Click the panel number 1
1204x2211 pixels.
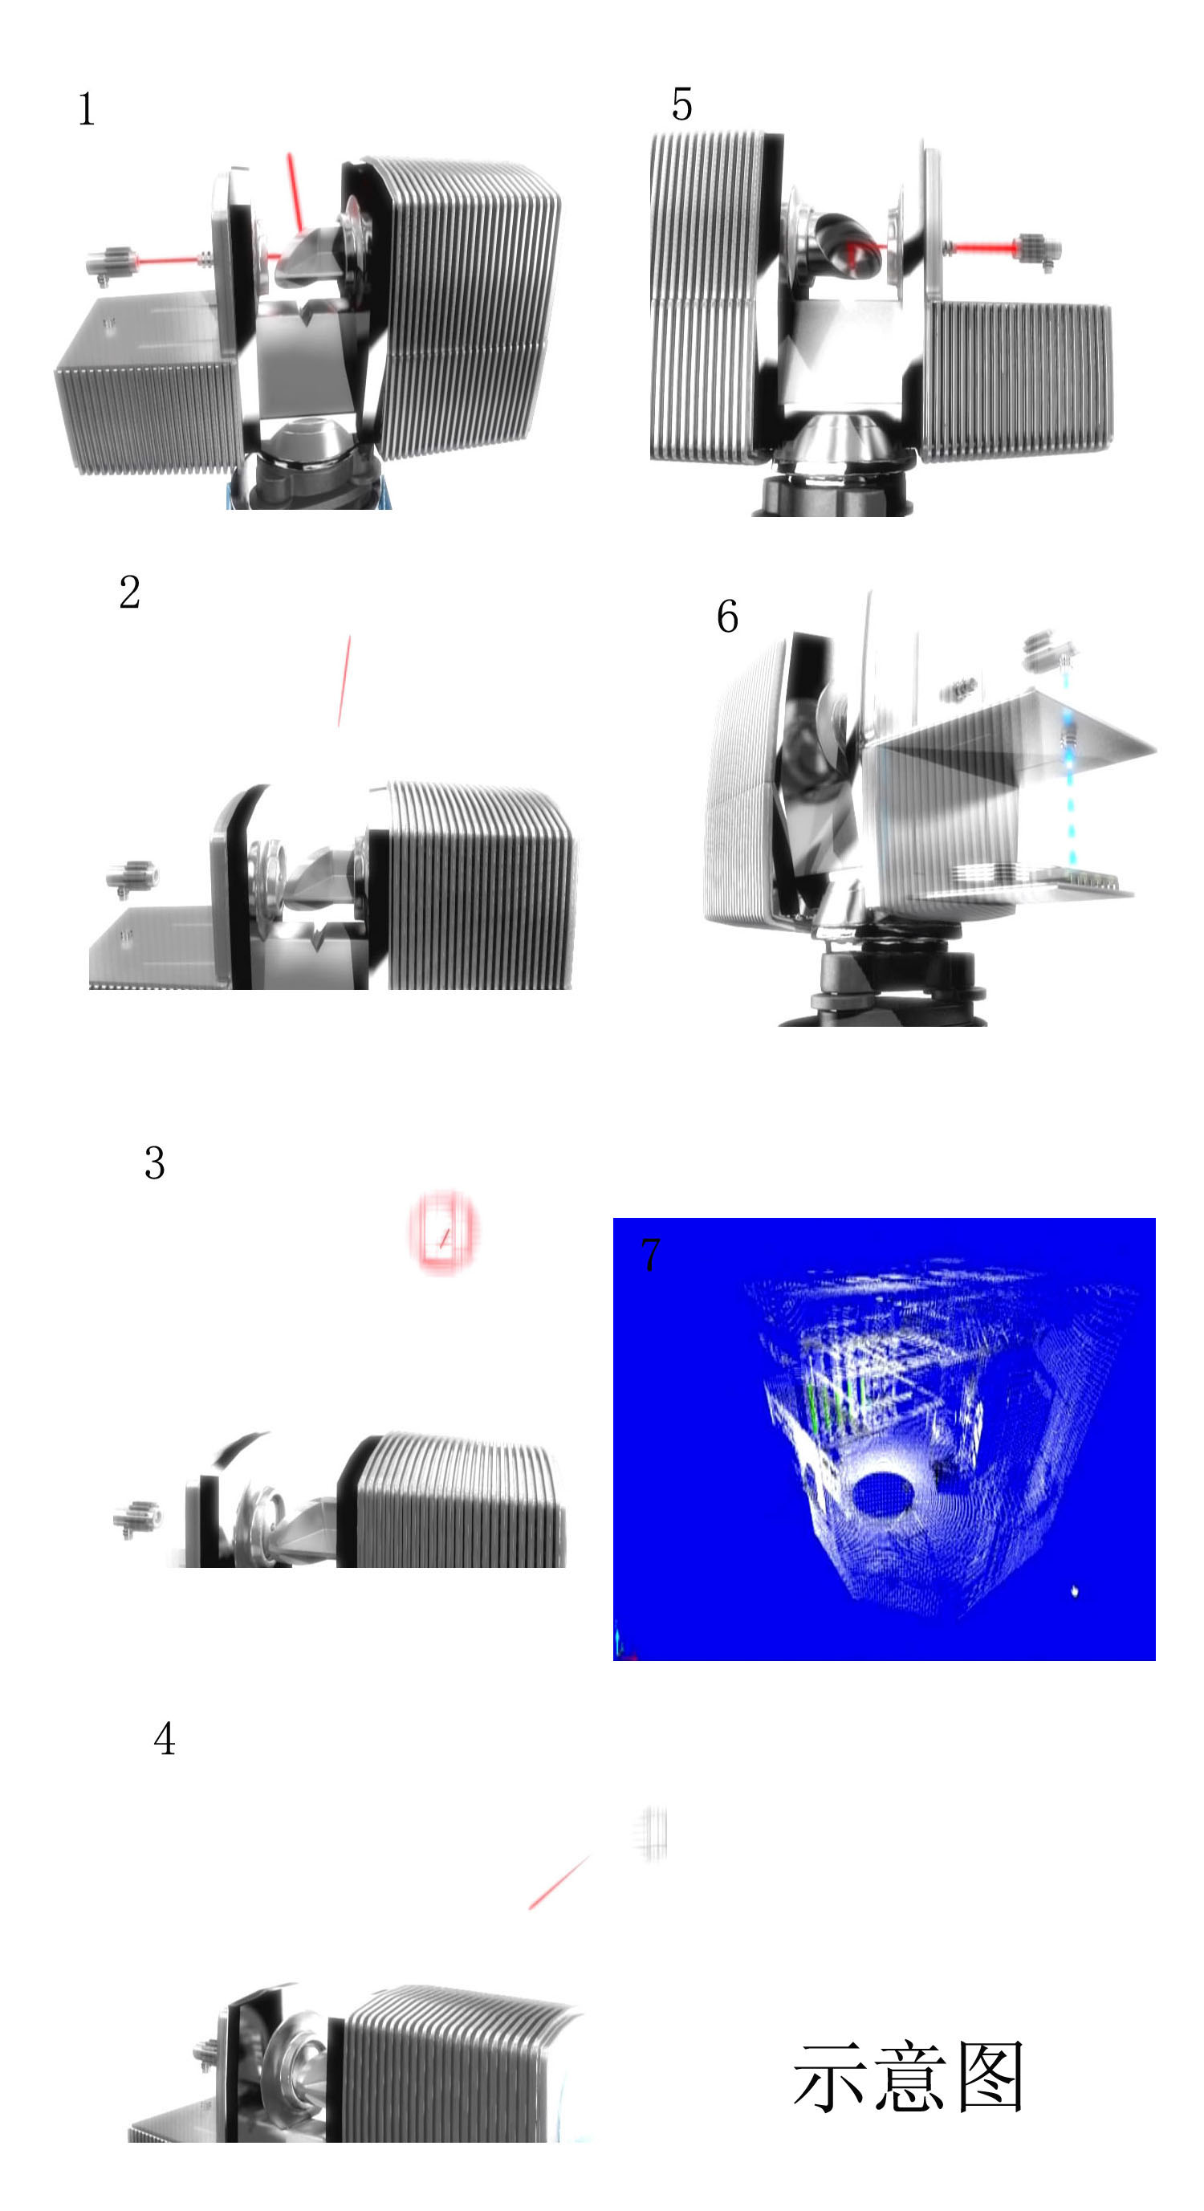click(x=86, y=109)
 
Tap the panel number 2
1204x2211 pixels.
click(x=129, y=592)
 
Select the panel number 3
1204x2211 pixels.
click(x=154, y=1163)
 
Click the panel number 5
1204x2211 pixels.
click(x=681, y=104)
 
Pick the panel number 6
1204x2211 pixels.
click(x=727, y=617)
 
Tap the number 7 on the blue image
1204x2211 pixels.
click(x=650, y=1254)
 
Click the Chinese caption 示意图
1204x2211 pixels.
click(x=908, y=2077)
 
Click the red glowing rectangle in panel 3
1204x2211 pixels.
click(x=443, y=1232)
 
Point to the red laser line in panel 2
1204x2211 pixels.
click(x=344, y=681)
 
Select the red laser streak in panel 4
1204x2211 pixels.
click(x=559, y=1883)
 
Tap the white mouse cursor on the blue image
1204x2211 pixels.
click(x=1075, y=1591)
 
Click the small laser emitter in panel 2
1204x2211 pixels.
click(x=132, y=878)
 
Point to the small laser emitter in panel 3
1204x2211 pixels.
click(x=137, y=1518)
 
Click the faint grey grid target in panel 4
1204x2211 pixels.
click(x=651, y=1834)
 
